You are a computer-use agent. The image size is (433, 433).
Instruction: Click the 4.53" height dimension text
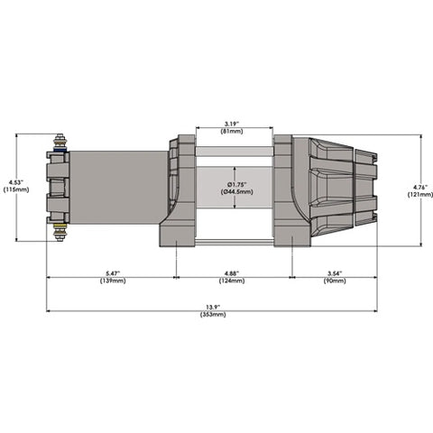click(15, 182)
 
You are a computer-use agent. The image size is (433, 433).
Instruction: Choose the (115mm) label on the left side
click(15, 189)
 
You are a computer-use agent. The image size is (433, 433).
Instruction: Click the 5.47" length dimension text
click(111, 274)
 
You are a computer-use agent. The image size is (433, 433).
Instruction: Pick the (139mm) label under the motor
click(111, 282)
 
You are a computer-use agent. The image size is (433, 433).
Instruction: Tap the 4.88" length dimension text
click(233, 274)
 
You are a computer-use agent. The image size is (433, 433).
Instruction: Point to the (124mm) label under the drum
click(233, 282)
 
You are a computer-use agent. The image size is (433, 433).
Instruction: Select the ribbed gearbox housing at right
click(338, 188)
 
